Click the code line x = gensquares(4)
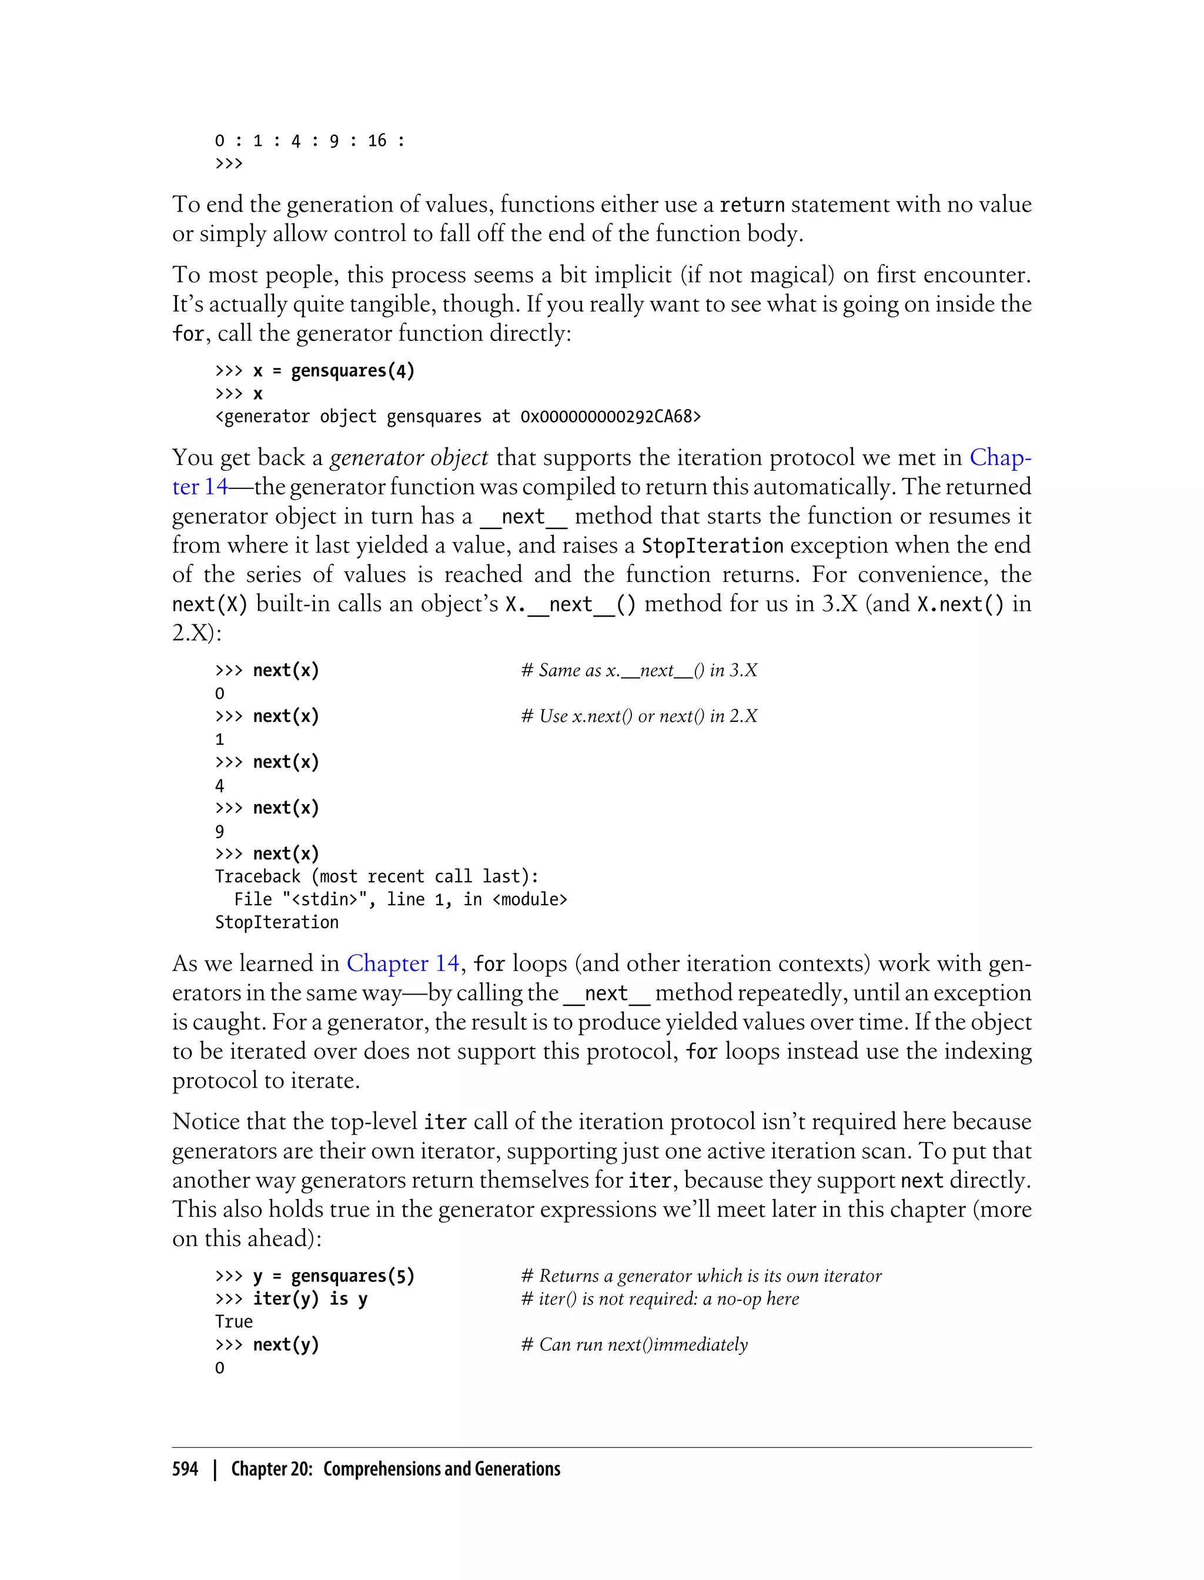pos(333,370)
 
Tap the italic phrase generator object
pos(409,457)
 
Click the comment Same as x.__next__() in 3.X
pos(639,670)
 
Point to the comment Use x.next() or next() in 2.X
pos(639,716)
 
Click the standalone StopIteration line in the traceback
pos(277,922)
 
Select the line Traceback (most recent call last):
pos(376,876)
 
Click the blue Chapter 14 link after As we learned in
pos(403,963)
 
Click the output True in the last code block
pos(233,1321)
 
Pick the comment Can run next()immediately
pos(634,1344)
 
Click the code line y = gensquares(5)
pos(333,1276)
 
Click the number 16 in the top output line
pos(377,140)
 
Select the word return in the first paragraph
pos(752,205)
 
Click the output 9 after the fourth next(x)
pos(219,831)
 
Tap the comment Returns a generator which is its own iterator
pos(701,1276)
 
